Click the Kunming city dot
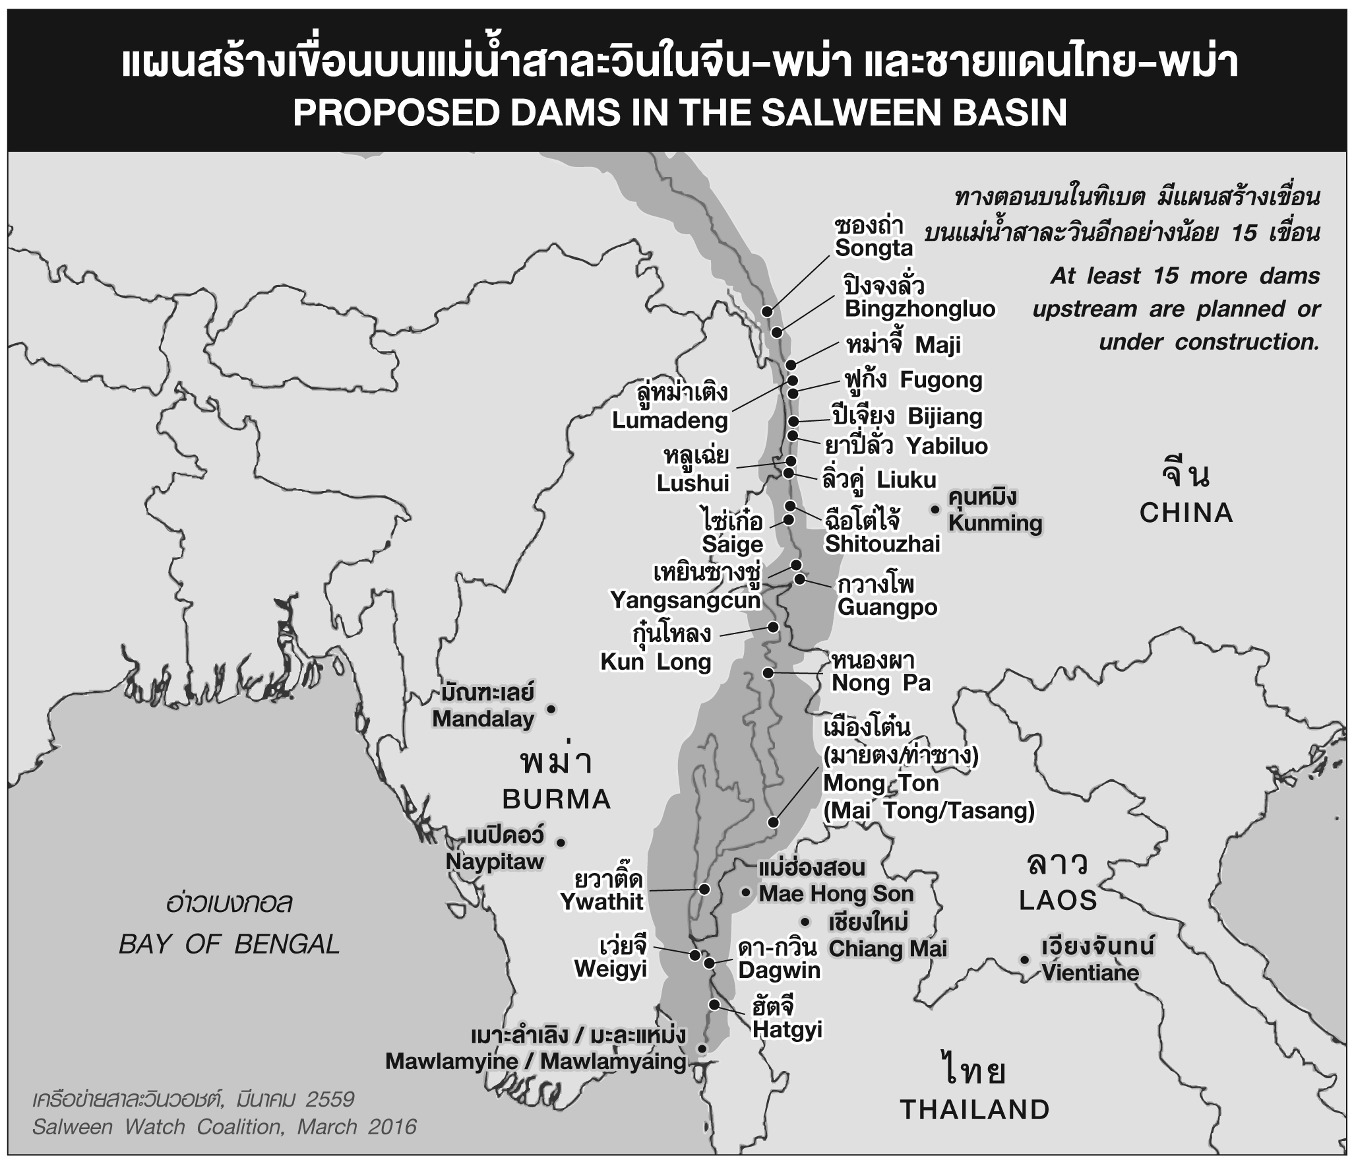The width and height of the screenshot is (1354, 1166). click(x=935, y=509)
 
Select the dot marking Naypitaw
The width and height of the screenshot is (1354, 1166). click(x=561, y=842)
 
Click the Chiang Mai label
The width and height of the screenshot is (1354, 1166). click(x=887, y=948)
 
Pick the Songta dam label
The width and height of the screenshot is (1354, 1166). click(x=873, y=248)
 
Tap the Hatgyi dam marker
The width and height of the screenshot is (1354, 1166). click(x=714, y=1004)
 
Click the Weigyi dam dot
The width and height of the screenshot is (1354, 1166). click(x=694, y=955)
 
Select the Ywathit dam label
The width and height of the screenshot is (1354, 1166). click(x=601, y=901)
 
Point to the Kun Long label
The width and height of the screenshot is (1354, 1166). click(x=656, y=662)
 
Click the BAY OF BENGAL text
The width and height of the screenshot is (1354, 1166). click(x=229, y=944)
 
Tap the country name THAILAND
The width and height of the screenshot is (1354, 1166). click(x=975, y=1110)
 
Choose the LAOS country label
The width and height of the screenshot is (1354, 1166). click(x=1058, y=900)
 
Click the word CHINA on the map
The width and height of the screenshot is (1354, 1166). click(x=1186, y=513)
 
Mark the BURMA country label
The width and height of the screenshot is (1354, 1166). click(x=557, y=800)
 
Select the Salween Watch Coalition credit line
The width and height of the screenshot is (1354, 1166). click(x=224, y=1126)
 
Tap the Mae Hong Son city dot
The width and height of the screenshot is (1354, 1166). click(x=745, y=892)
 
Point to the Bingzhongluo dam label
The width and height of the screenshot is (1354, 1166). click(x=920, y=309)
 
